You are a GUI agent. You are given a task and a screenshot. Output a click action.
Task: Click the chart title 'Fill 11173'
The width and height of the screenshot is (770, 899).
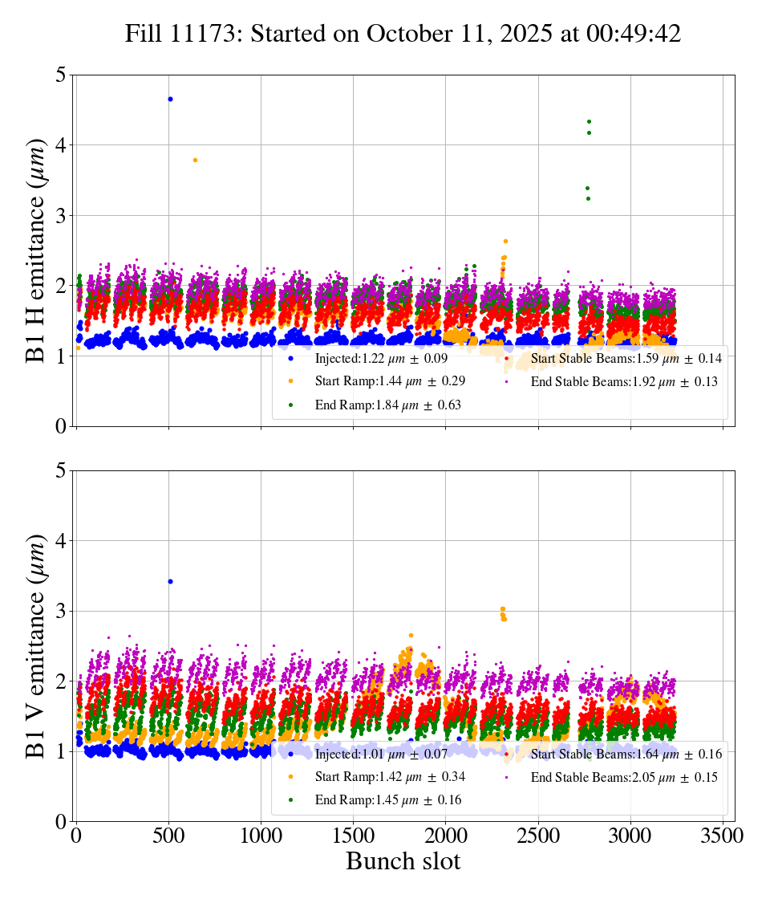403,34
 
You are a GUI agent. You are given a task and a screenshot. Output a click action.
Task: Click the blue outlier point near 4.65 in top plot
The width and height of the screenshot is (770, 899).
170,99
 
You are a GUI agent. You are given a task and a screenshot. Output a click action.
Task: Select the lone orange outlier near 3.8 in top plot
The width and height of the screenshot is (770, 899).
195,160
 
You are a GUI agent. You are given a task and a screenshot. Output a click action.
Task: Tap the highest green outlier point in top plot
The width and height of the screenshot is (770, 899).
589,122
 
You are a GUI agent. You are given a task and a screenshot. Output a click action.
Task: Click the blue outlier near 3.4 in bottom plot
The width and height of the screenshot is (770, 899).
170,581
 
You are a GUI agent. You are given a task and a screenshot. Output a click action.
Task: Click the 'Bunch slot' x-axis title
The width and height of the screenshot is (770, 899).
403,861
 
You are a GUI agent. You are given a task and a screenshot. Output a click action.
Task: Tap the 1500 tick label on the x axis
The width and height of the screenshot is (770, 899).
354,835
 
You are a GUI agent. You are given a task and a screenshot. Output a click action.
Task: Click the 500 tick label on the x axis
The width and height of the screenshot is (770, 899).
169,835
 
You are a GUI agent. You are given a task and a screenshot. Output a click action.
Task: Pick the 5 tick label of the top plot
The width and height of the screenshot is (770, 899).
59,75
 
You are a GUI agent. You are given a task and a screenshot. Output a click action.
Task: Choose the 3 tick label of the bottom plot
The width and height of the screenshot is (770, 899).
59,612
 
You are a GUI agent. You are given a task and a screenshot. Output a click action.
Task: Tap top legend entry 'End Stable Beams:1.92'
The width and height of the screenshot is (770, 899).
623,382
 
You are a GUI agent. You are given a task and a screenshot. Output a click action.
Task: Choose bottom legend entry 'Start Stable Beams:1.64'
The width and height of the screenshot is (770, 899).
626,754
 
